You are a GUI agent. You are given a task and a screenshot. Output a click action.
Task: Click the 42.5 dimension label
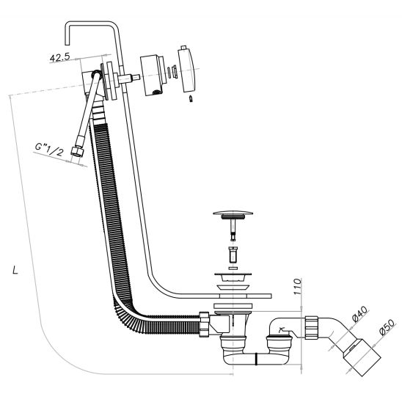59,57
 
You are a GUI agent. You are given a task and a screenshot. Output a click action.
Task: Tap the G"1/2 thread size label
49,150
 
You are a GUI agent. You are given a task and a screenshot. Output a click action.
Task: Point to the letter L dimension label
15,270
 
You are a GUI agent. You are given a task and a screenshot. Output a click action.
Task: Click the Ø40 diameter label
359,314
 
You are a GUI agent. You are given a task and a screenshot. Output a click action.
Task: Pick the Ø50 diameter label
387,327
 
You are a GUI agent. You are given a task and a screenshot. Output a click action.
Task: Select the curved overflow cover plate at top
187,69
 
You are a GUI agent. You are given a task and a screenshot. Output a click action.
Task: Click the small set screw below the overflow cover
191,99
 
